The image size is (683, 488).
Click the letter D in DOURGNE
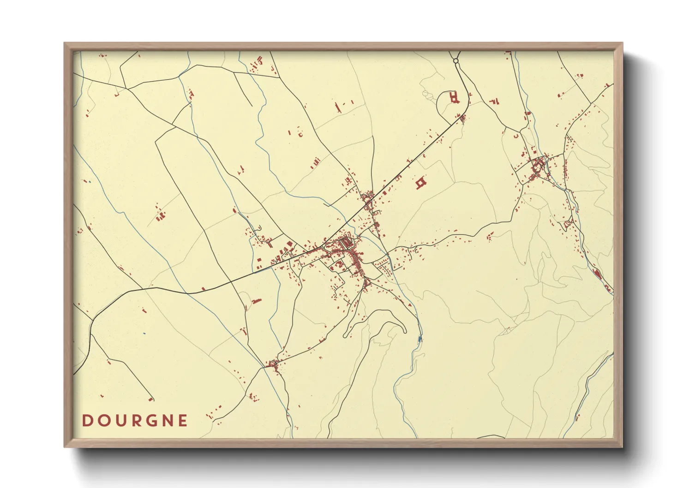pyautogui.click(x=86, y=421)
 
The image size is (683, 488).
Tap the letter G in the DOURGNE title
pyautogui.click(x=151, y=421)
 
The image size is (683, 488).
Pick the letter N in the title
pyautogui.click(x=168, y=421)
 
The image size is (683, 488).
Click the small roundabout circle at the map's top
pyautogui.click(x=455, y=60)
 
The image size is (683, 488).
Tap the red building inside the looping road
pyautogui.click(x=455, y=97)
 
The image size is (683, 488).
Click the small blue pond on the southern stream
pyautogui.click(x=419, y=339)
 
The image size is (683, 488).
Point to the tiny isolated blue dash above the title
pyautogui.click(x=144, y=333)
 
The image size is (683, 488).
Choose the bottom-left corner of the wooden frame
pyautogui.click(x=65, y=446)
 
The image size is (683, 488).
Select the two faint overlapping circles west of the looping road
pyautogui.click(x=425, y=95)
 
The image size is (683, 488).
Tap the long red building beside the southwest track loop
pyautogui.click(x=256, y=301)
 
